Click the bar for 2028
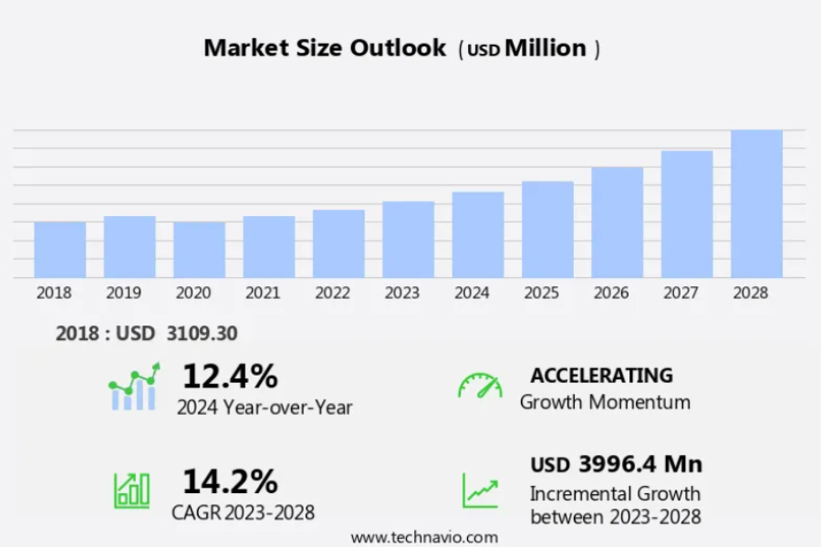(x=756, y=204)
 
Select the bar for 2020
(x=199, y=250)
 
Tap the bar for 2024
(x=478, y=234)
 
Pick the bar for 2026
(x=617, y=222)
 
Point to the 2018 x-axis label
(x=54, y=293)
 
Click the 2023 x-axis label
(x=402, y=293)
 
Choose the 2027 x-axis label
(x=681, y=293)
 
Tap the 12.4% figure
(x=230, y=376)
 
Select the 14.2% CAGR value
(x=230, y=481)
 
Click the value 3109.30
(x=202, y=334)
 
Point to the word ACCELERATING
(x=601, y=376)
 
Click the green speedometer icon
(x=480, y=386)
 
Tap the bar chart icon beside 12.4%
(x=133, y=387)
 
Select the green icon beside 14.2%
(x=131, y=490)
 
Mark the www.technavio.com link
(x=424, y=537)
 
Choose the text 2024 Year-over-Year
(x=265, y=407)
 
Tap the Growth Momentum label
(x=605, y=402)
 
